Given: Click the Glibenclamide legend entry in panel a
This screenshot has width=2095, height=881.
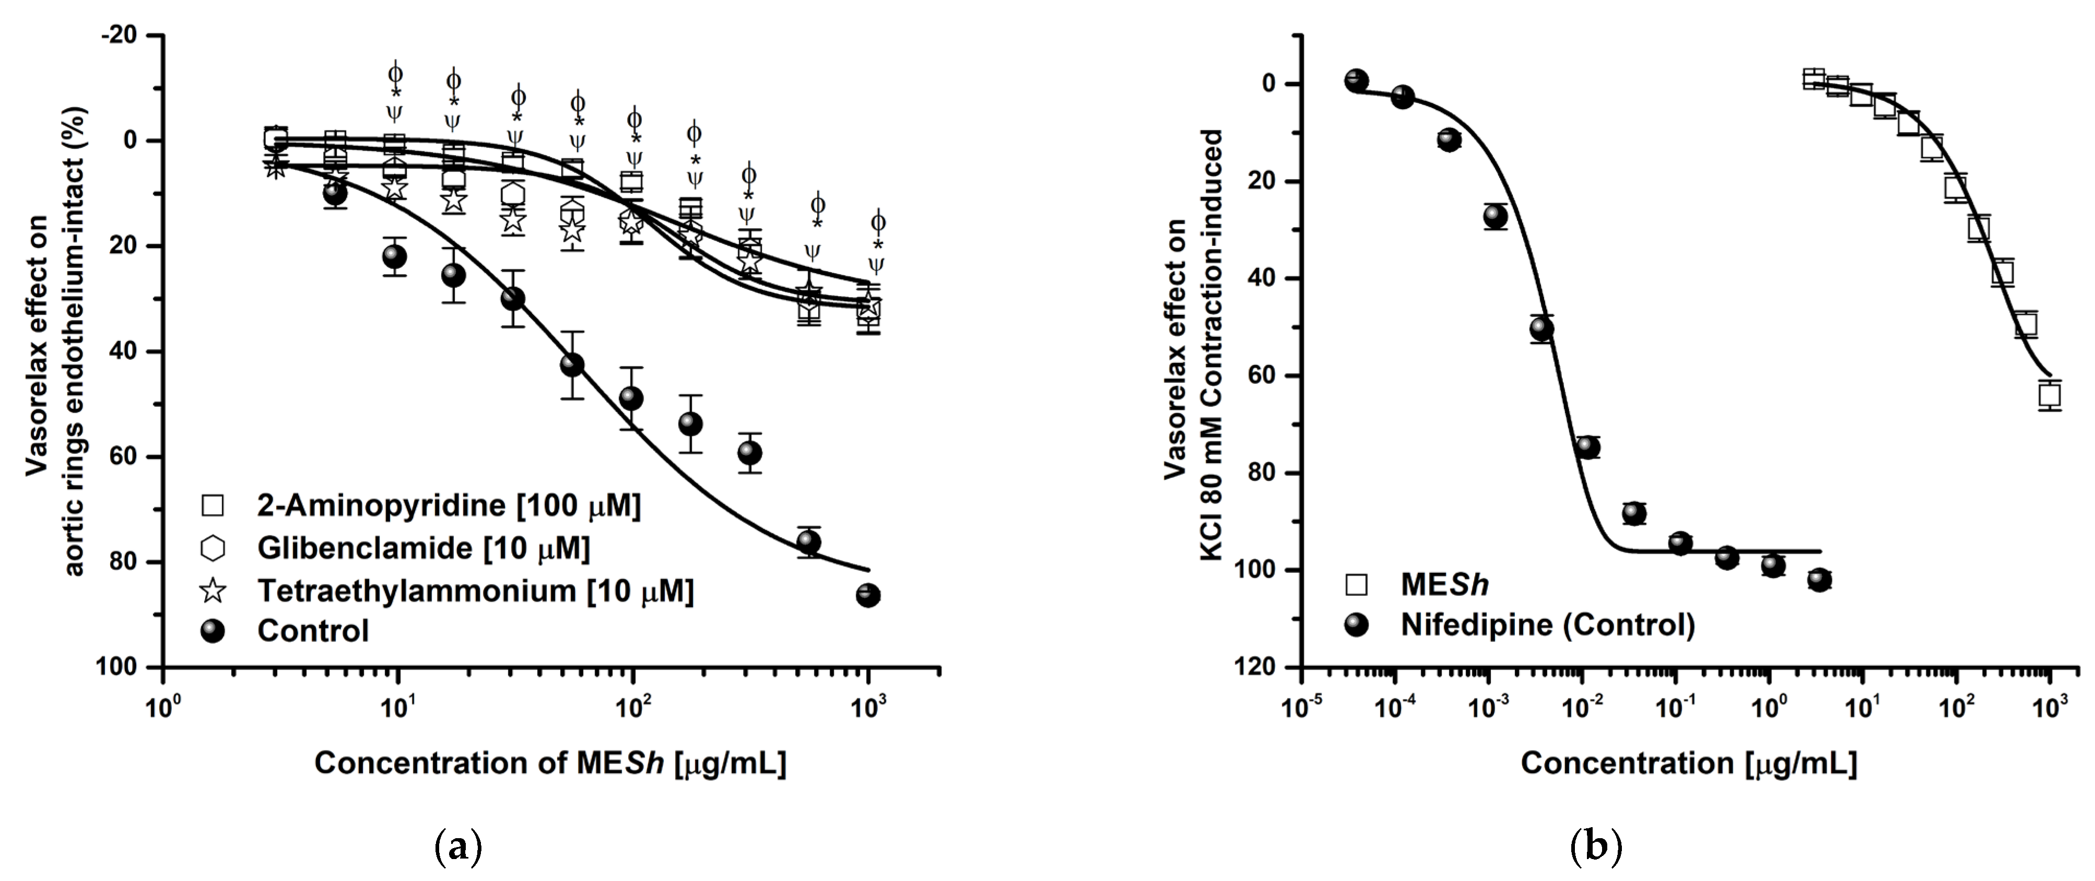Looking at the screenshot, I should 423,548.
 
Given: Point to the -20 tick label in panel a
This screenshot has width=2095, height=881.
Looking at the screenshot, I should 123,36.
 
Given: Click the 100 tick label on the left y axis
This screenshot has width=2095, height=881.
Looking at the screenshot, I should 118,667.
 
